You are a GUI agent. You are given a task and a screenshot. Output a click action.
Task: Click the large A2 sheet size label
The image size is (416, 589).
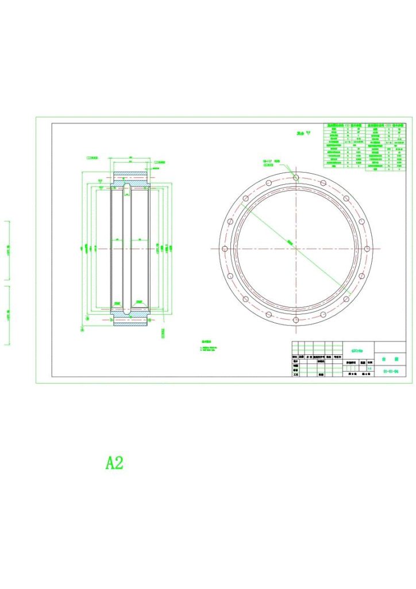coord(114,462)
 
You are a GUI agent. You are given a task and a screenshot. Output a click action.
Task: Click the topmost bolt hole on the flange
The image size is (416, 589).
coord(295,178)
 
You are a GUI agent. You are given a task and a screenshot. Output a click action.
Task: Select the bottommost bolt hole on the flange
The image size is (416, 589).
coord(295,319)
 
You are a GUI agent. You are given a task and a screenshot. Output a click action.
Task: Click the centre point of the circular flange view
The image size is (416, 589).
coord(295,248)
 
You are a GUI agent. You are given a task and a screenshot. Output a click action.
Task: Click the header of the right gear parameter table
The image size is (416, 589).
coord(388,125)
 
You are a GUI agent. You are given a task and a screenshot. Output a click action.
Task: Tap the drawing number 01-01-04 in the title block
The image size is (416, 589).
coord(390,372)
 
